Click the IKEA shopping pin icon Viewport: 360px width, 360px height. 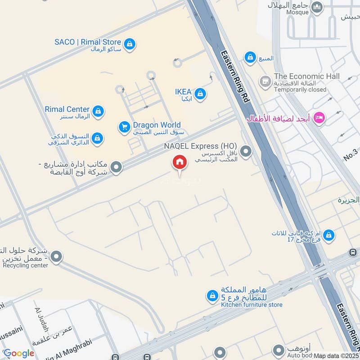(201, 94)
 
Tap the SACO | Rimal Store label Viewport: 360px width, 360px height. (87, 42)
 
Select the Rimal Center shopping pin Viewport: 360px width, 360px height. (98, 111)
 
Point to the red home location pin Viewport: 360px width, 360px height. (179, 162)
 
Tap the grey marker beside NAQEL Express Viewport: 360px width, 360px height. (246, 152)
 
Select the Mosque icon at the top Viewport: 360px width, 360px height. (317, 8)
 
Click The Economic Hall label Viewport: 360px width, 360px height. (306, 76)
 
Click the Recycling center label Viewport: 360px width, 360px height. (25, 265)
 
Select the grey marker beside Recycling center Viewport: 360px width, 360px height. (56, 257)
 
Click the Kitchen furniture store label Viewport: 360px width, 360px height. (252, 305)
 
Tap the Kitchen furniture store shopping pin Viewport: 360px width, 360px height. (211, 296)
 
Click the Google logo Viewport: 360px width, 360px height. (18, 353)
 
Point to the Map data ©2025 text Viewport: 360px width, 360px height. (336, 355)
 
